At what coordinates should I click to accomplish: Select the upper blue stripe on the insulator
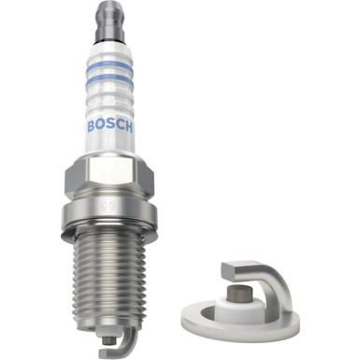tap(109, 65)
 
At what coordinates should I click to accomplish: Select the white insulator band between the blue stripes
tap(109, 73)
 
